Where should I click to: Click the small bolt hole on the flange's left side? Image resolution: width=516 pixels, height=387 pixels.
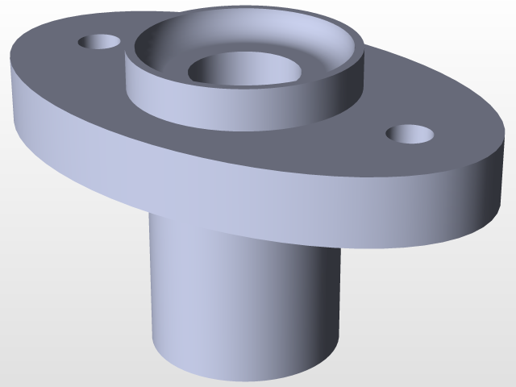[98, 40]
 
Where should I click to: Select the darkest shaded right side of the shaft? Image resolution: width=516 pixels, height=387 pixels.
[327, 306]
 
